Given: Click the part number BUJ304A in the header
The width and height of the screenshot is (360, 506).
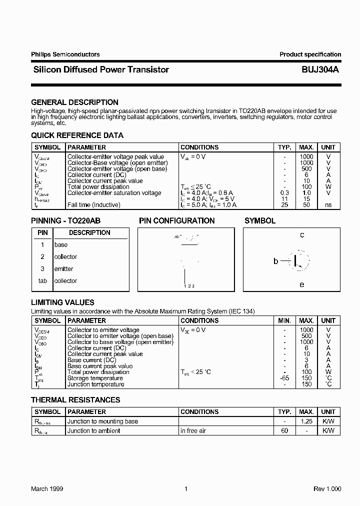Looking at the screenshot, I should (x=321, y=70).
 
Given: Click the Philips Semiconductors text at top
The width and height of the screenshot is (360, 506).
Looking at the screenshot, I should (x=65, y=54).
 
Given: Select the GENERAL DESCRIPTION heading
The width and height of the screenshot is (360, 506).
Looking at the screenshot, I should (x=74, y=102).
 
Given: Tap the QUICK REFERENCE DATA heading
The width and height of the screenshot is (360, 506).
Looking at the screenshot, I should (x=77, y=135).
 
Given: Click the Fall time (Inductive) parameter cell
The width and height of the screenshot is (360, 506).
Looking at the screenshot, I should (x=94, y=205).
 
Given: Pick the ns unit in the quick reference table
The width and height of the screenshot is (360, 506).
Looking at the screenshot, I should (x=328, y=205).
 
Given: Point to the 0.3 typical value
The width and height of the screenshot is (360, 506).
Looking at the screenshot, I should (x=284, y=193).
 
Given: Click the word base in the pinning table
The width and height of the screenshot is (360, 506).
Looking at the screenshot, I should (x=60, y=245).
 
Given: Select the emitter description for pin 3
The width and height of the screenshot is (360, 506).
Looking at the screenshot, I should (x=63, y=269).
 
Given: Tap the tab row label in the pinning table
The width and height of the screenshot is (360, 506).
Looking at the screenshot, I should (x=42, y=281).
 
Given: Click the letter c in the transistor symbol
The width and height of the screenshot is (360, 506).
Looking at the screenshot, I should (x=302, y=235).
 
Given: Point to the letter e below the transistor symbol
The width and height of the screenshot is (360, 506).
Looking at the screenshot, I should (x=301, y=284).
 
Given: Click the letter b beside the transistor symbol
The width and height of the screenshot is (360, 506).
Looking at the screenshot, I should (x=275, y=261).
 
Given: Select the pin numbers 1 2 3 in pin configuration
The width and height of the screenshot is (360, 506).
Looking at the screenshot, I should (x=189, y=286).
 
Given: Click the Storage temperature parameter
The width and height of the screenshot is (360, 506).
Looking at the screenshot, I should (x=95, y=378).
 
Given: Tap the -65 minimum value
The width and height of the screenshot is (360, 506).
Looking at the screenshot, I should (x=284, y=378).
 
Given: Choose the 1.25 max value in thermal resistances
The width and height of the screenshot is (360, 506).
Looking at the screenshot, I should (x=306, y=421).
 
